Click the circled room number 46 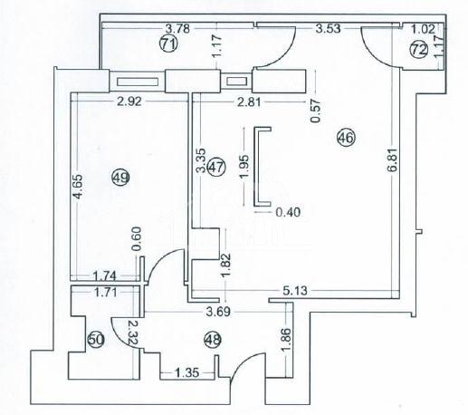click(346, 138)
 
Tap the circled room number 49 click(120, 178)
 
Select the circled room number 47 click(217, 167)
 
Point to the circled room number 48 click(213, 340)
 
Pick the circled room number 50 click(96, 340)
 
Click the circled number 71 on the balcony click(168, 43)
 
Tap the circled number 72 click(419, 50)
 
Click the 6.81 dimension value click(393, 159)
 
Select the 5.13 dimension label click(295, 290)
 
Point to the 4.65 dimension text click(78, 187)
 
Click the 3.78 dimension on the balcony click(178, 29)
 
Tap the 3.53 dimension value click(328, 29)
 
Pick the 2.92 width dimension click(129, 101)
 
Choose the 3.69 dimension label click(218, 312)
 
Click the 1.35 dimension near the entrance click(187, 373)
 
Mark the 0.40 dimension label click(288, 212)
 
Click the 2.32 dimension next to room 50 click(132, 333)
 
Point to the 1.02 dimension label click(424, 29)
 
